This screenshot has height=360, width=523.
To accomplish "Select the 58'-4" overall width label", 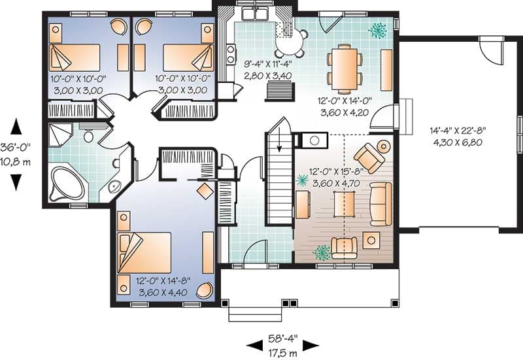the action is (283, 339).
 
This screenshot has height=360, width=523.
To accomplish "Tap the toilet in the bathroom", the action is (88, 134).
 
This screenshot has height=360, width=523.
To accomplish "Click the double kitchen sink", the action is (256, 14).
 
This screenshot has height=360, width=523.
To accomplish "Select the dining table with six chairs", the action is (345, 68).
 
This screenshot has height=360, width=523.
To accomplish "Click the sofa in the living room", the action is (380, 204).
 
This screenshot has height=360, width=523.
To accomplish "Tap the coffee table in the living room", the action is (345, 204).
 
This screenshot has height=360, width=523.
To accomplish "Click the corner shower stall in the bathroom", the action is (60, 135).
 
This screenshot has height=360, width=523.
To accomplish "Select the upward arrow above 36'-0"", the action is (16, 127).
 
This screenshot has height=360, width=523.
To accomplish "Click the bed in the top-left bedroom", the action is (75, 57).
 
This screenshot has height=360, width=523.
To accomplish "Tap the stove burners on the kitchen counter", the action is (230, 54).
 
